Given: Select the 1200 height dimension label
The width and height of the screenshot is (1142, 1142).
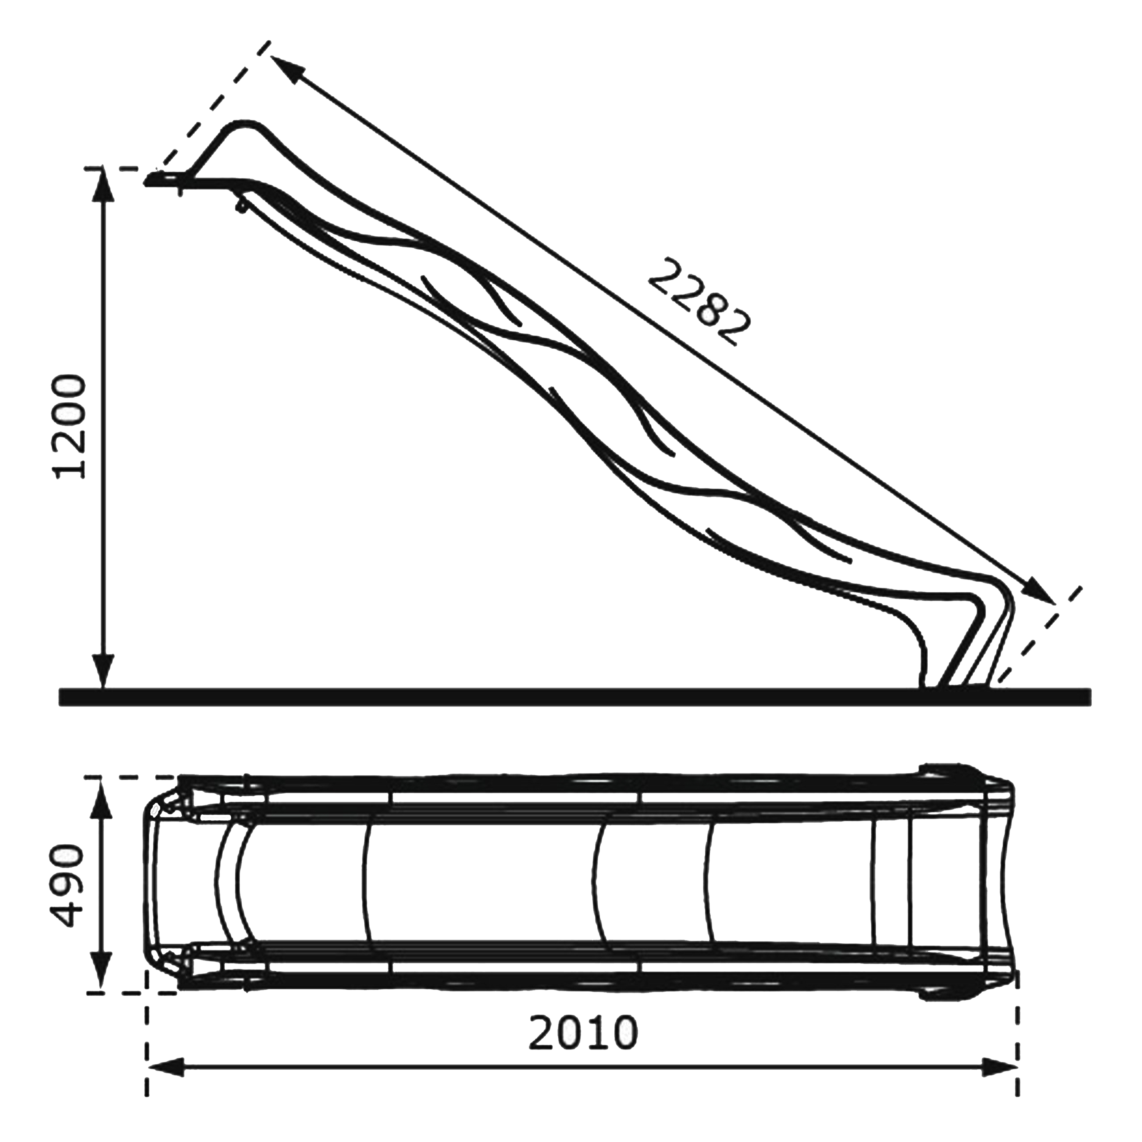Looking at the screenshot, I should pos(70,426).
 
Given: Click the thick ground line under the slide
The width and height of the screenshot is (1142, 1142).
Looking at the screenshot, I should pos(573,697).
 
